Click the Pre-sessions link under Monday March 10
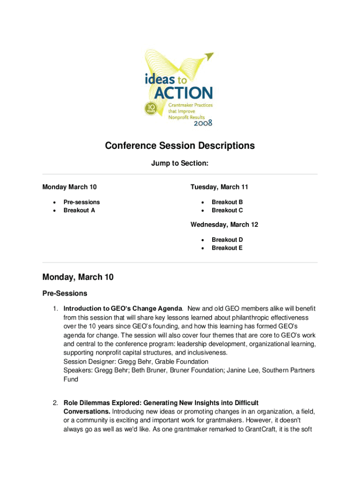[82, 202]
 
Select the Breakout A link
[79, 210]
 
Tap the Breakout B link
[227, 202]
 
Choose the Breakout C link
[227, 210]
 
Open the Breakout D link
[227, 239]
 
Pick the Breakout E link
[227, 248]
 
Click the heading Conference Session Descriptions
[180, 145]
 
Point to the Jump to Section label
[180, 164]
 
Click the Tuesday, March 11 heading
[219, 187]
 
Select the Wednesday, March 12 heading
[224, 225]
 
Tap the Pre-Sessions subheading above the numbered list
[65, 293]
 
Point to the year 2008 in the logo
[202, 123]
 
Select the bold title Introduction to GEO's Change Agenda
[122, 309]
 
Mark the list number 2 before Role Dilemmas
[55, 403]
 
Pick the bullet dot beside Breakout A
[55, 210]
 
